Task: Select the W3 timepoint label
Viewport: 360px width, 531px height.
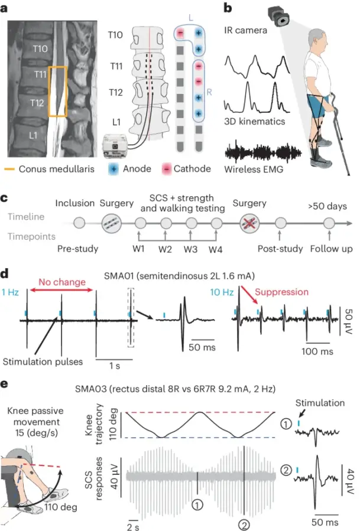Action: pos(191,248)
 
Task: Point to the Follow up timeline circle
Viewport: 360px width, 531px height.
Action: pos(328,224)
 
